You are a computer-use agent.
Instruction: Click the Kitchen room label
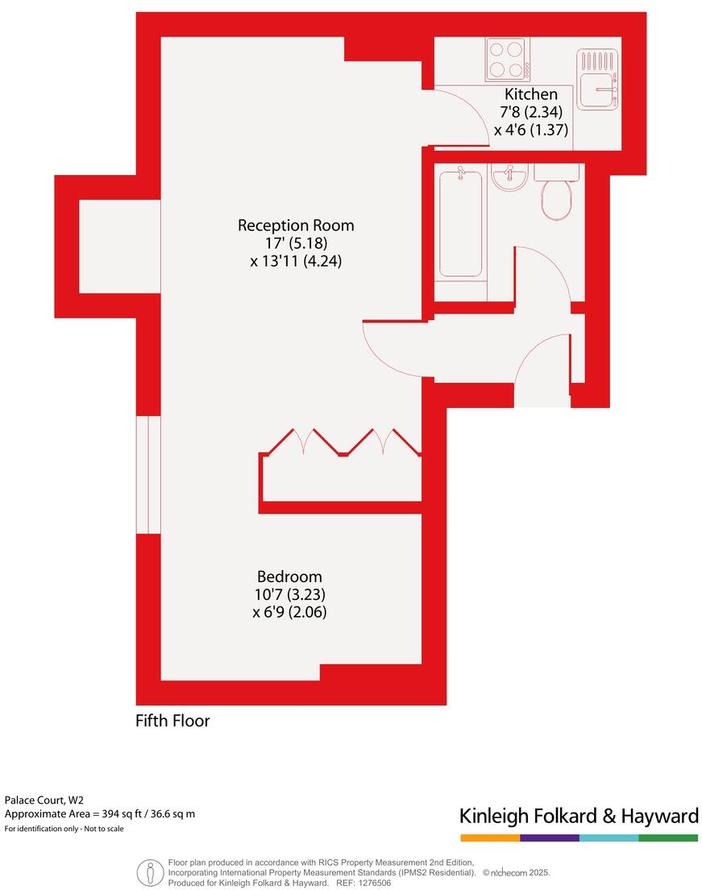[530, 94]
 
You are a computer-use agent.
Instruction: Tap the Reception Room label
[296, 225]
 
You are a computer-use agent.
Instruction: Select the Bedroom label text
[289, 576]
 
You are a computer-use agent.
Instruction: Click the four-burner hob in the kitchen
[505, 59]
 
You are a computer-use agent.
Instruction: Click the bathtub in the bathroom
[460, 222]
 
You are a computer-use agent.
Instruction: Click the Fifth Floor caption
[172, 721]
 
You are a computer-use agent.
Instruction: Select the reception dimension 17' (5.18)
[296, 243]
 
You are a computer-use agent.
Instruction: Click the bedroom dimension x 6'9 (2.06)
[289, 612]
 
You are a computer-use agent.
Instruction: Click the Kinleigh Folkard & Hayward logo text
[579, 816]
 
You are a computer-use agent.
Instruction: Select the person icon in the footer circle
[150, 872]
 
